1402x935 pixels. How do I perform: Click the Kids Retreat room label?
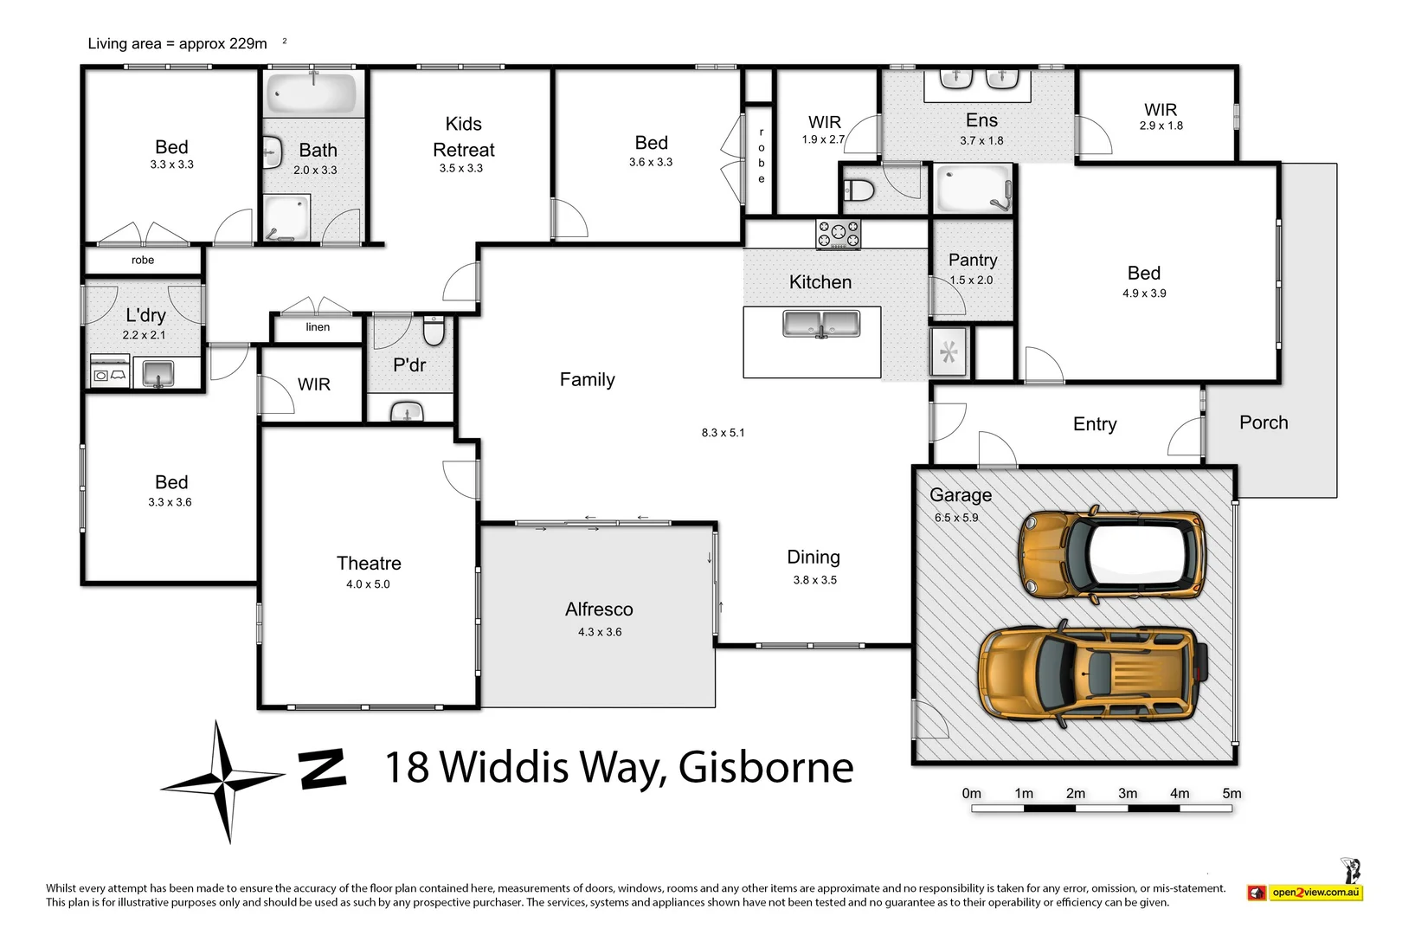tap(463, 137)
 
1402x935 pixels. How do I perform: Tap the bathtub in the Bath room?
tap(312, 93)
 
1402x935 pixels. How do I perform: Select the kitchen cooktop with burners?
tap(839, 235)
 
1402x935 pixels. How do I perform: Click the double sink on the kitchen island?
tap(821, 324)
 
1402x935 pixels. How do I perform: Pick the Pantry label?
tap(973, 260)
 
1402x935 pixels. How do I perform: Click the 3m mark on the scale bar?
tap(1128, 794)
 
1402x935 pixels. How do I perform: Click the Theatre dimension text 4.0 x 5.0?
tap(368, 584)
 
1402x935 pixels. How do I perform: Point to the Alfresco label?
tap(599, 609)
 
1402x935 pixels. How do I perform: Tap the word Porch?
tap(1264, 422)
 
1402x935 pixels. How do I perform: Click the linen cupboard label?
tap(318, 327)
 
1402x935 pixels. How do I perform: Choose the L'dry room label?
tap(145, 315)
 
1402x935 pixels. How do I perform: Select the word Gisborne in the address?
tap(766, 767)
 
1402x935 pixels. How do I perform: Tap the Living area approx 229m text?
tap(177, 43)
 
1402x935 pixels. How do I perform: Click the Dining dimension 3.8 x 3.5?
tap(814, 580)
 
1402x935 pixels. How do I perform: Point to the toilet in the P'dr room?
tap(434, 331)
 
